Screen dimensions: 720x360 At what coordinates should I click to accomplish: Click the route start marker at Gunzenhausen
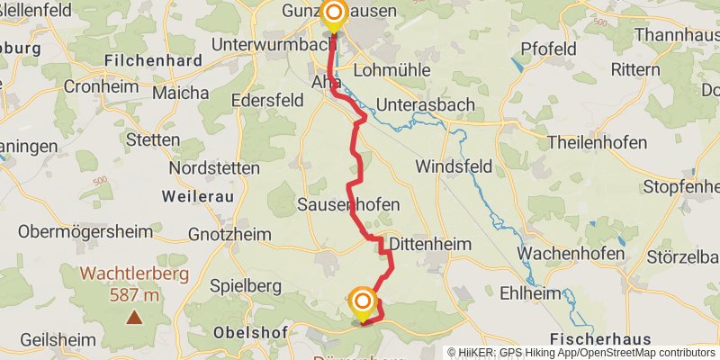pos(333,13)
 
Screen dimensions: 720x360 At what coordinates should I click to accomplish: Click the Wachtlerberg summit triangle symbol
pos(134,317)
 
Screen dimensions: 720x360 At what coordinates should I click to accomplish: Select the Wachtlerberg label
pos(133,274)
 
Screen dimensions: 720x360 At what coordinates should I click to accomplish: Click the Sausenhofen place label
pos(348,205)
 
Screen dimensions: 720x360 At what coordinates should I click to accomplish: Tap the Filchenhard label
pos(151,60)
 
